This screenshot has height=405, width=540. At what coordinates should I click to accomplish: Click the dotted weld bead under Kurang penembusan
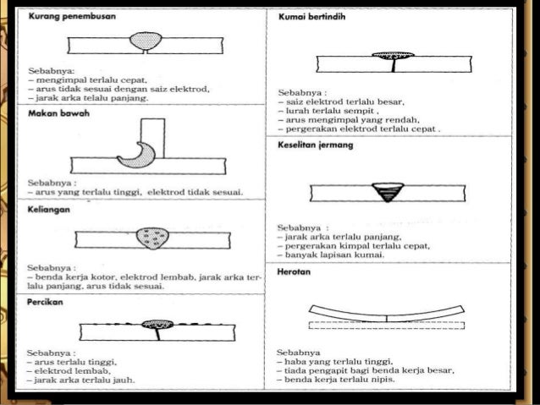click(x=148, y=40)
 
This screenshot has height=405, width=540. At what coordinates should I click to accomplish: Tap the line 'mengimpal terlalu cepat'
click(x=78, y=80)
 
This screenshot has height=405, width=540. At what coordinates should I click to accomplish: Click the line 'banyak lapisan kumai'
click(x=333, y=254)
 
